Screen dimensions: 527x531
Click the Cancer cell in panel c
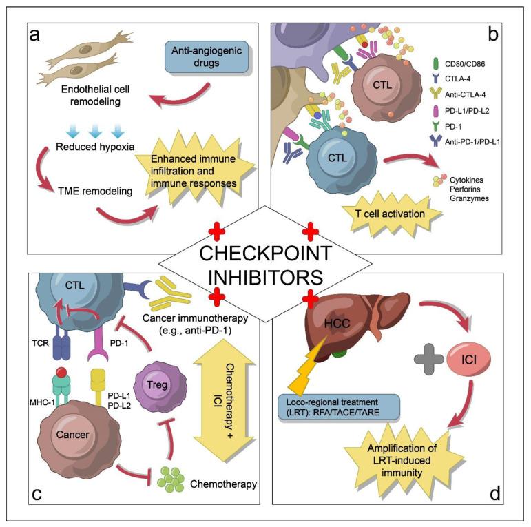[72, 440]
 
